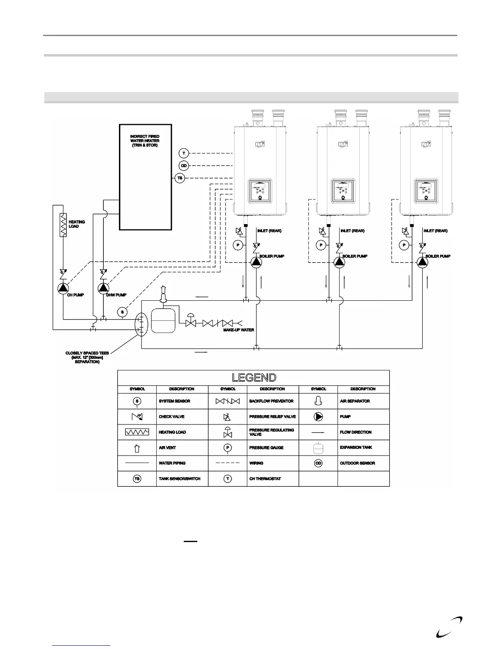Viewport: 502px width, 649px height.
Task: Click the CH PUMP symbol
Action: click(63, 288)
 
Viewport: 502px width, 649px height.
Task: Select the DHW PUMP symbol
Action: click(103, 288)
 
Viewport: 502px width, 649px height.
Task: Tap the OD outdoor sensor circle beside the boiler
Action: click(184, 166)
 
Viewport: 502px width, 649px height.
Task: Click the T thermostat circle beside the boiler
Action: click(184, 153)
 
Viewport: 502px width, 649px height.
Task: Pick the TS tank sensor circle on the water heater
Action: click(180, 178)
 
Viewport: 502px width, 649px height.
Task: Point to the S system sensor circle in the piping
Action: click(122, 313)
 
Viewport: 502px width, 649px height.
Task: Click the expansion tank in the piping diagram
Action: click(163, 320)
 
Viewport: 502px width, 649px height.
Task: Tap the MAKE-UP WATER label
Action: click(238, 330)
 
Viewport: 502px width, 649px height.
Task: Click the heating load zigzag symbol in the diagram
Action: click(63, 225)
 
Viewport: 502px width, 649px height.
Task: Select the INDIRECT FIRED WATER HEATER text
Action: click(145, 141)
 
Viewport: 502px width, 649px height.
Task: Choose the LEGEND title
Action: click(253, 377)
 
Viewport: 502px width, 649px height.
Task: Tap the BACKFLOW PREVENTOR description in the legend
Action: click(271, 401)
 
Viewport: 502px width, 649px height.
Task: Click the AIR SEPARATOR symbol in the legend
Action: click(318, 401)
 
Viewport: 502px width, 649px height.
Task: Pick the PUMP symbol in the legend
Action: click(318, 417)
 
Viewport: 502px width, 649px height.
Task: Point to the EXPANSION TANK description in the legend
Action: click(356, 447)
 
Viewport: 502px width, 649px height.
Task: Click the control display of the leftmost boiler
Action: click(260, 190)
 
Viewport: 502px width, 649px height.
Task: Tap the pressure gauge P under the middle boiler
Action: click(322, 245)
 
